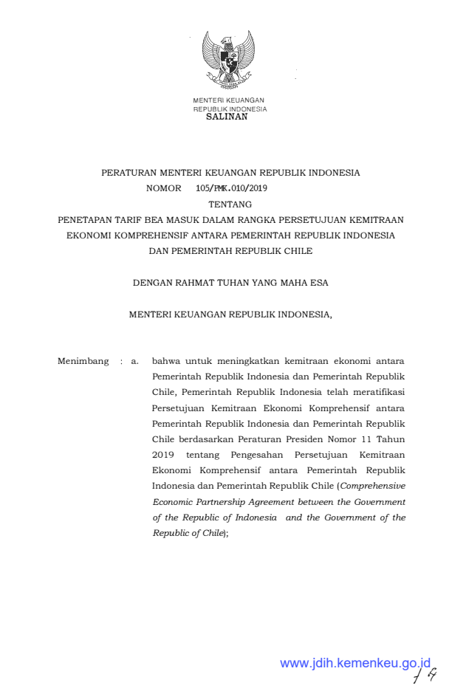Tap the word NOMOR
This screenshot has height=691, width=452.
[163, 188]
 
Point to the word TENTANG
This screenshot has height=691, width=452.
[230, 204]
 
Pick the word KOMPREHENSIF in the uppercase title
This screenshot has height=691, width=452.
[160, 235]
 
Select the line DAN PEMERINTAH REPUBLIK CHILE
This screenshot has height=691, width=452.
[230, 250]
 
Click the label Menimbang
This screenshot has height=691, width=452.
[83, 362]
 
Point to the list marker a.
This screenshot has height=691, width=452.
[134, 362]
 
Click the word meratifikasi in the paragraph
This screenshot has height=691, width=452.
[379, 393]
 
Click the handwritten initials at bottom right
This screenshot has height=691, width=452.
[426, 673]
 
